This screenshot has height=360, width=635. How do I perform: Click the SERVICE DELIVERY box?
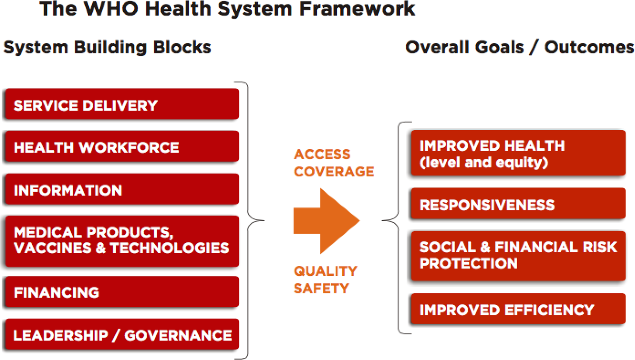(x=122, y=104)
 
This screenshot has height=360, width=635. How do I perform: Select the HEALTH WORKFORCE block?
(x=122, y=147)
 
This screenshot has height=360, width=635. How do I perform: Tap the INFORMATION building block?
(x=122, y=190)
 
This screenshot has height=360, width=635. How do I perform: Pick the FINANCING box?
(x=122, y=292)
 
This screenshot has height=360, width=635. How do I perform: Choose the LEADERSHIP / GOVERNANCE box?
(x=122, y=335)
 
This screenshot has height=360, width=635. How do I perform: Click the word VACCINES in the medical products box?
(x=52, y=248)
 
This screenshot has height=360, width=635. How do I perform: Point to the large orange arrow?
(x=326, y=221)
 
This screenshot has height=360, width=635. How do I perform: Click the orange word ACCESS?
(x=322, y=154)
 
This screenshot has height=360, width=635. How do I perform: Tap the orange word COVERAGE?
(x=334, y=172)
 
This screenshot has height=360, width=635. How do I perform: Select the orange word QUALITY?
(x=325, y=271)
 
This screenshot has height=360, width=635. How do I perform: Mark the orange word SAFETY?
(x=321, y=288)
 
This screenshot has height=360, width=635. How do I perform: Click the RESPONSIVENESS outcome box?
(x=518, y=204)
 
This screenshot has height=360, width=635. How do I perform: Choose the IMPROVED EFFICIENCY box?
(x=518, y=310)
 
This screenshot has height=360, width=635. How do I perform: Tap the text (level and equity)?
(x=484, y=162)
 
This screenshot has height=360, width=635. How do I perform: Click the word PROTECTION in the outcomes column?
(x=468, y=263)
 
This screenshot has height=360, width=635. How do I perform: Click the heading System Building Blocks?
(x=107, y=47)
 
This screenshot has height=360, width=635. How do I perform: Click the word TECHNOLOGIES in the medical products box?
(x=169, y=248)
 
